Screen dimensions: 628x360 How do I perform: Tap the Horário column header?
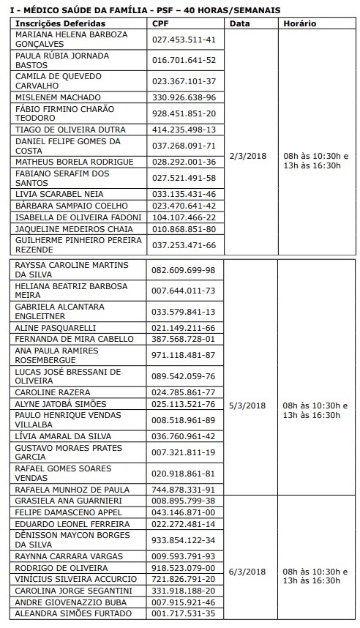click(300, 23)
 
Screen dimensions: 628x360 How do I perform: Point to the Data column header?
click(239, 23)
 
